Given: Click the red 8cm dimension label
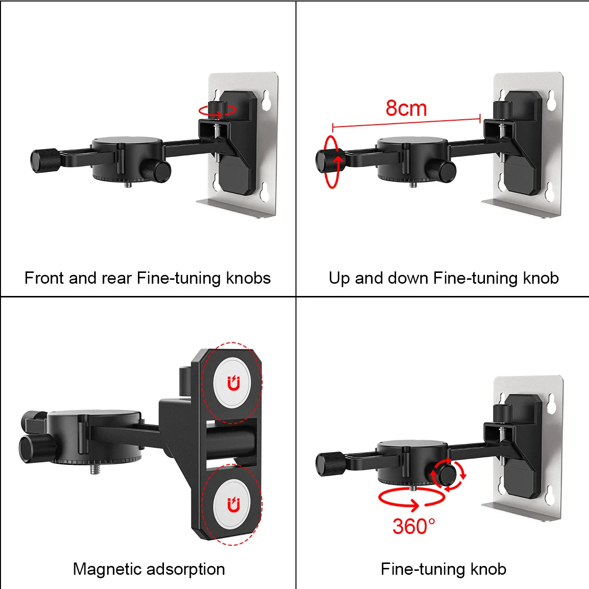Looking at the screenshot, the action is click(x=406, y=108).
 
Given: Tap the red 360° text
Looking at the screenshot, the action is click(x=414, y=526).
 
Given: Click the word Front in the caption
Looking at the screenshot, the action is click(x=45, y=278).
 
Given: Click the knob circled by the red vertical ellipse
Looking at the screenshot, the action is click(x=328, y=161).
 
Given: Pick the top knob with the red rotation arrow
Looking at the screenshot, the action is click(x=217, y=108).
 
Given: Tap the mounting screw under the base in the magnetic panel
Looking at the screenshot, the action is click(x=95, y=470).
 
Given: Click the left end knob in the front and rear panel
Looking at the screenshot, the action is click(x=45, y=161).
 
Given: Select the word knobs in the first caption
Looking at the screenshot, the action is click(x=248, y=278).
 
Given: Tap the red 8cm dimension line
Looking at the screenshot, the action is click(x=406, y=122).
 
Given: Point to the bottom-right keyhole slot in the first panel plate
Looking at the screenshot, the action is click(x=266, y=192).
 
